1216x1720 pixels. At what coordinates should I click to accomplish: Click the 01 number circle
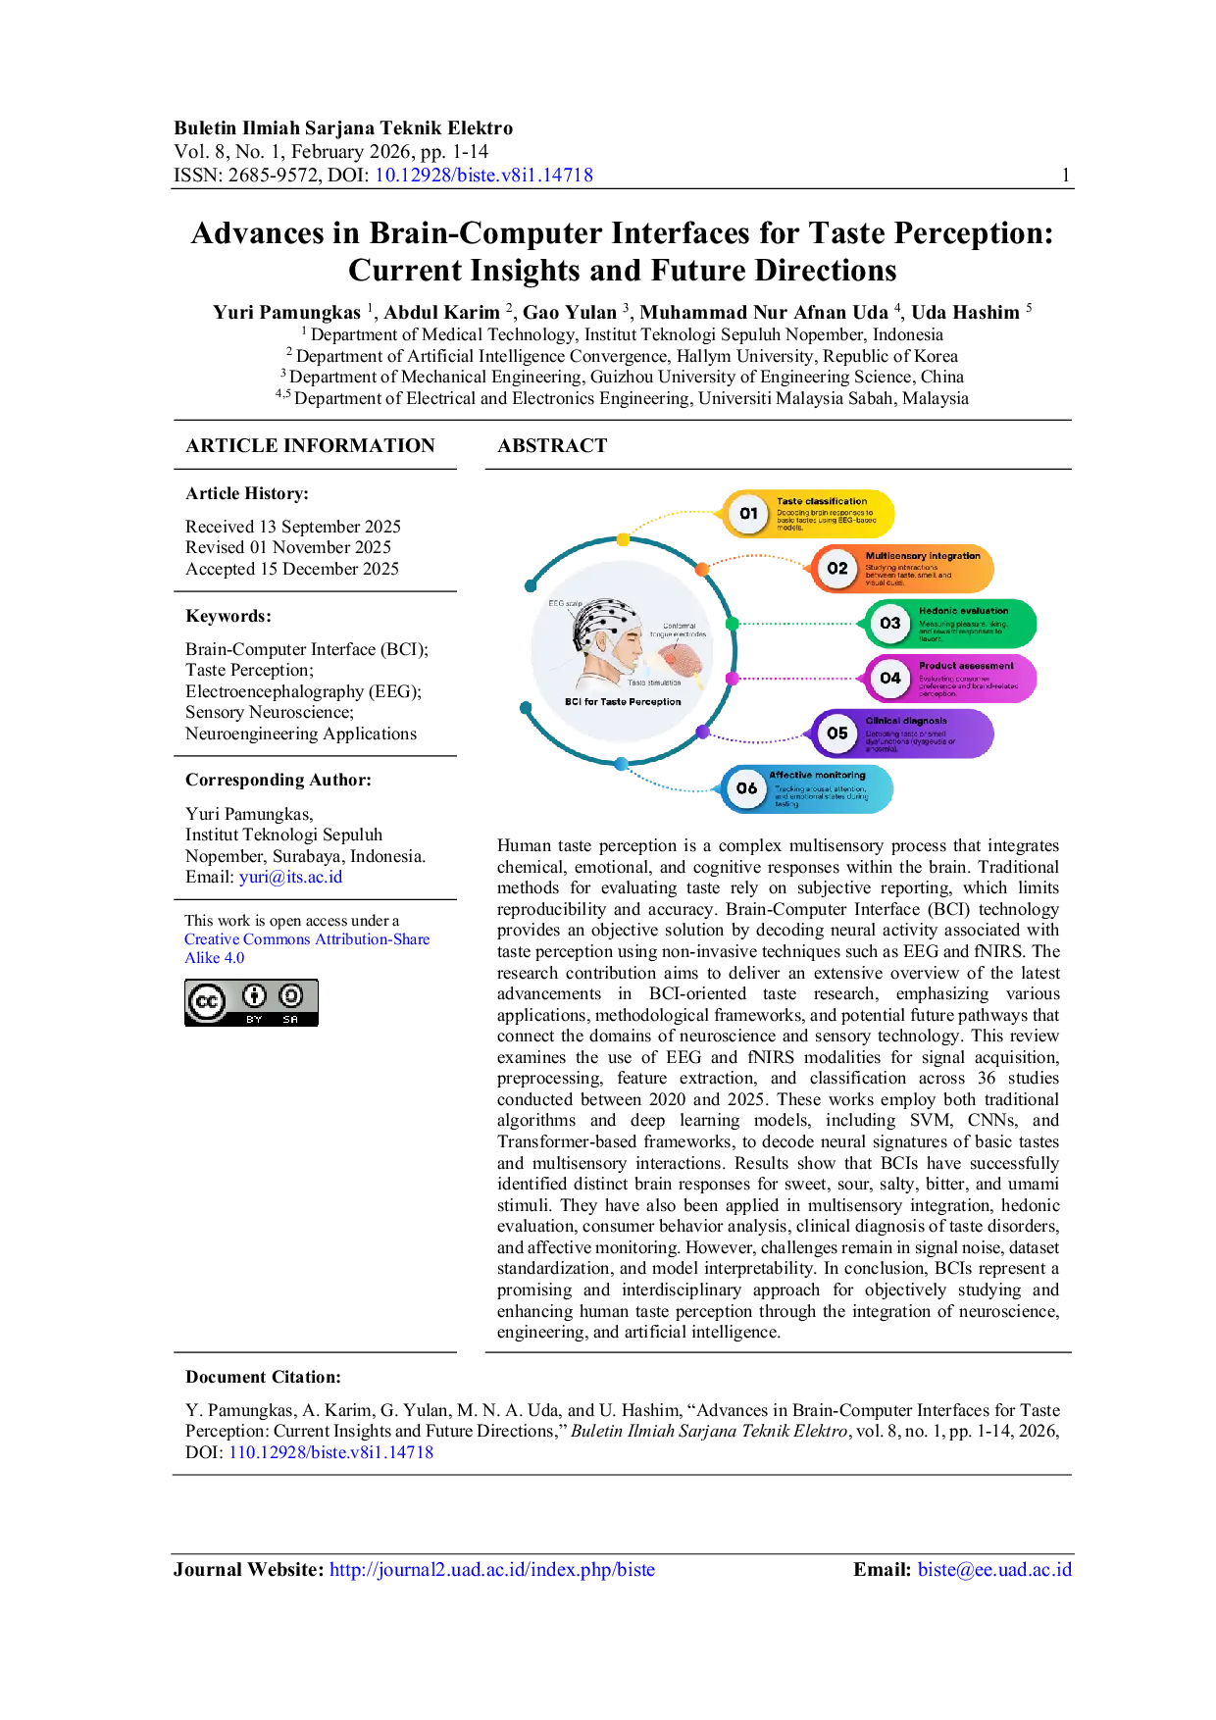[x=748, y=513]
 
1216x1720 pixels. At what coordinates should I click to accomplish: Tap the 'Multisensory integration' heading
[x=922, y=556]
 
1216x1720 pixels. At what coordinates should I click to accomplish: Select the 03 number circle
[x=889, y=624]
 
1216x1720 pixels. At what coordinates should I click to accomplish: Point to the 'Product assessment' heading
[x=966, y=666]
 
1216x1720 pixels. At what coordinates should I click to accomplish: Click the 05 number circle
[x=836, y=734]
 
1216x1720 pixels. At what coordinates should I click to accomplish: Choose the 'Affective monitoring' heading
[x=817, y=775]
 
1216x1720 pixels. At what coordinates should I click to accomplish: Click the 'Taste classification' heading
[x=822, y=501]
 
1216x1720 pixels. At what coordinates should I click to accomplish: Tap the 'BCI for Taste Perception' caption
[x=623, y=702]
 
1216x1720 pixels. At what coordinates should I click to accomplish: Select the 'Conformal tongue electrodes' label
[x=679, y=630]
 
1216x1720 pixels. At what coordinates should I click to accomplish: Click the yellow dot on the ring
[x=623, y=540]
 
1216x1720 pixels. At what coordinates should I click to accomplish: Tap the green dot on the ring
[x=732, y=624]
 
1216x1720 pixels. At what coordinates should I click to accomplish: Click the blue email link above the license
[x=290, y=877]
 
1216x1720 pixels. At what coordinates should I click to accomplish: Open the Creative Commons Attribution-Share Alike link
[x=306, y=939]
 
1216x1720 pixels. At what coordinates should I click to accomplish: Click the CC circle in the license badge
[x=207, y=1002]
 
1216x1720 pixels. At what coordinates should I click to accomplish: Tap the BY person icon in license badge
[x=254, y=996]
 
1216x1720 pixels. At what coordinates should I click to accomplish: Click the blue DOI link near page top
[x=484, y=176]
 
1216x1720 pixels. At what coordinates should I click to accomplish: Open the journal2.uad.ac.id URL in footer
[x=491, y=1569]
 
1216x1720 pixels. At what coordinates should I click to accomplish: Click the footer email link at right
[x=994, y=1569]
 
